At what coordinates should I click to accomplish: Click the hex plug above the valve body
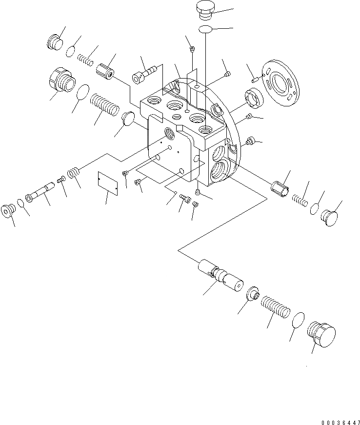point(203,11)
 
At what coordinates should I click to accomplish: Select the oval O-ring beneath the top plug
point(206,29)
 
